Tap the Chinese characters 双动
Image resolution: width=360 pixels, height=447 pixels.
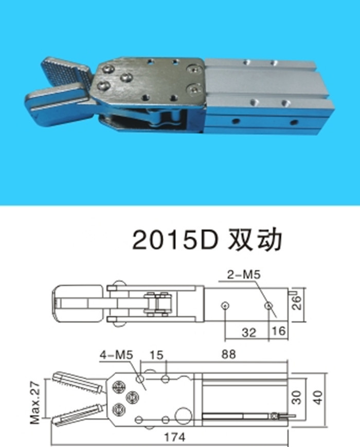pyautogui.click(x=255, y=239)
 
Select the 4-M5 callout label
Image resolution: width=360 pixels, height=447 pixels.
pyautogui.click(x=117, y=355)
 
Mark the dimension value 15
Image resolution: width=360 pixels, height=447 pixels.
pyautogui.click(x=156, y=355)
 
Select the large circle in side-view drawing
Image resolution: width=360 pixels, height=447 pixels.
pyautogui.click(x=183, y=415)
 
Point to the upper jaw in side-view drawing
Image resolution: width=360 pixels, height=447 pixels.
pyautogui.click(x=77, y=382)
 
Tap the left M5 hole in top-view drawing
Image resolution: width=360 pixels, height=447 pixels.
pyautogui.click(x=225, y=306)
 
